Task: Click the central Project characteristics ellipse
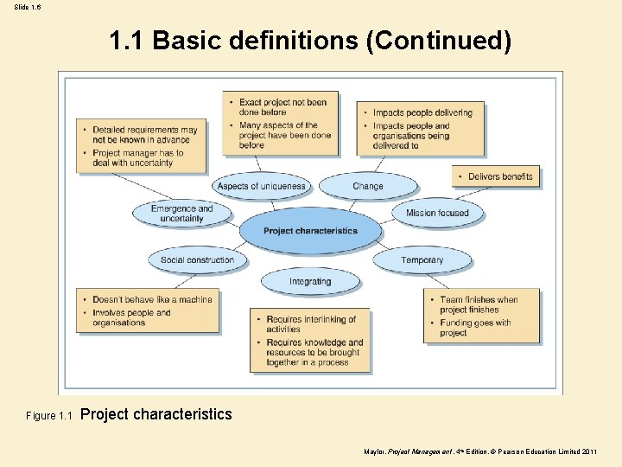[310, 231]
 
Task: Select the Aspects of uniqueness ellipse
[261, 186]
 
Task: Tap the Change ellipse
[368, 186]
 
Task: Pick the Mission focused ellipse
[437, 213]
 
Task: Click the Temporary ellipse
[422, 259]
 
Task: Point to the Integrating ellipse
[310, 281]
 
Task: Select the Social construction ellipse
[197, 259]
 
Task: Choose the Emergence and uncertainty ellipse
[181, 213]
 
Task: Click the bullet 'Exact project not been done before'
[282, 107]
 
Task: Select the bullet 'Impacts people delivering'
[422, 112]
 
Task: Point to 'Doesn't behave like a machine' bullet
[152, 299]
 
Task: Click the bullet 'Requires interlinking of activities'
[311, 324]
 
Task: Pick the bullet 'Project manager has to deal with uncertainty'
[138, 157]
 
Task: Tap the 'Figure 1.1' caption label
[49, 416]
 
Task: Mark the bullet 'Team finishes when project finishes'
[479, 304]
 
